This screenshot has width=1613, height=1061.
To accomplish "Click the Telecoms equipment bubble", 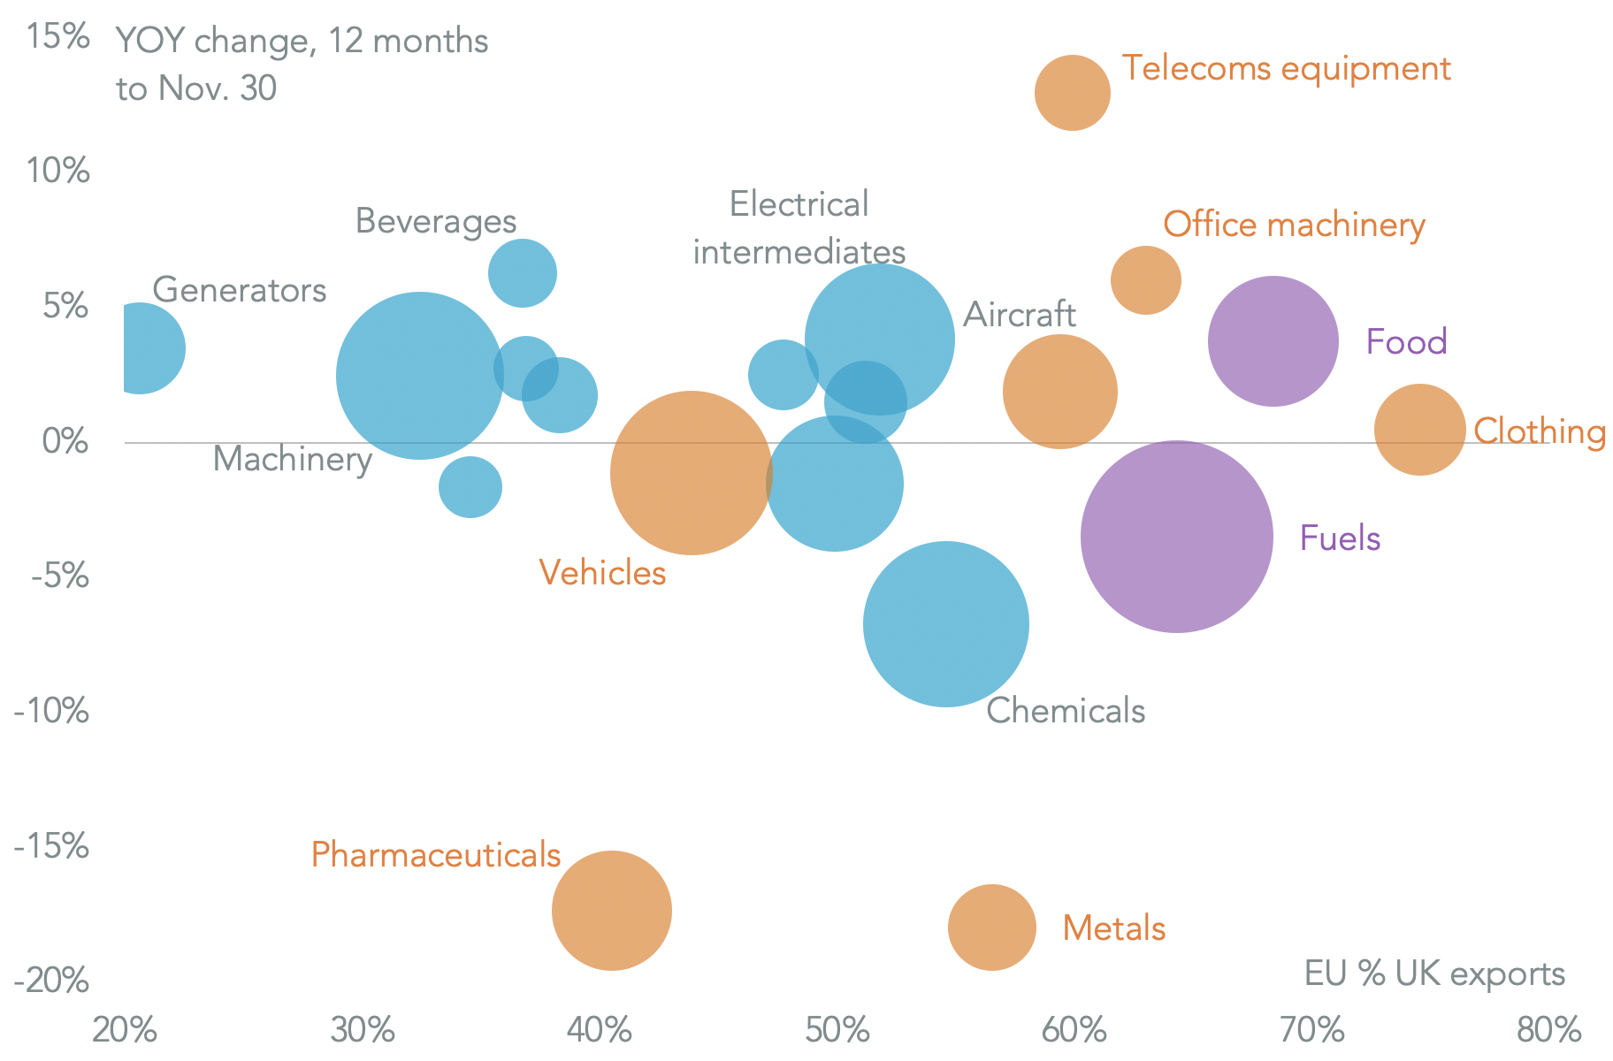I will [1072, 93].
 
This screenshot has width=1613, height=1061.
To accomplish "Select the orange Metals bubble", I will [991, 927].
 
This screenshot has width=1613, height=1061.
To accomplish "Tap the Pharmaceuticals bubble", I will [611, 911].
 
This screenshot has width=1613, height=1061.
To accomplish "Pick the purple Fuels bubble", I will [1176, 537].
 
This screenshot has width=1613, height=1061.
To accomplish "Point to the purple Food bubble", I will [1273, 341].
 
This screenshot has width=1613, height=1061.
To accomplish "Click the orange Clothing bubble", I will [1419, 430].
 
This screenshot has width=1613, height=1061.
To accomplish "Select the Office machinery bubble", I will [1145, 280].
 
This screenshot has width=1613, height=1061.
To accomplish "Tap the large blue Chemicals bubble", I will [945, 624].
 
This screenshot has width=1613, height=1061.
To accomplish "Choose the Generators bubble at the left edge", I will [141, 347].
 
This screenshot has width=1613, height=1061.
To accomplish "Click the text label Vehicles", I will [602, 573].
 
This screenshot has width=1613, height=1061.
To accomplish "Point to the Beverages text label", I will [435, 221].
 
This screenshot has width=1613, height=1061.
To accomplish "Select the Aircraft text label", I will [1019, 315].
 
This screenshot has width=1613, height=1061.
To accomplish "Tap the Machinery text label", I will [292, 460].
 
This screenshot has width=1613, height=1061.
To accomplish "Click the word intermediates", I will [799, 252].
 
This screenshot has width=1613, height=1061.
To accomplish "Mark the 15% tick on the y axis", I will [57, 38].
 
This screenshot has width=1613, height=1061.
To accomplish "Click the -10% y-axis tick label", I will [51, 710].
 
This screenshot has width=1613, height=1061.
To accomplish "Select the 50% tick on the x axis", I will [836, 1031].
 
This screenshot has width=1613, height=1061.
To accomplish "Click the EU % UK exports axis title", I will [1433, 973].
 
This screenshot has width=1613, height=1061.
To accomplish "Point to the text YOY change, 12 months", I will [302, 41].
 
